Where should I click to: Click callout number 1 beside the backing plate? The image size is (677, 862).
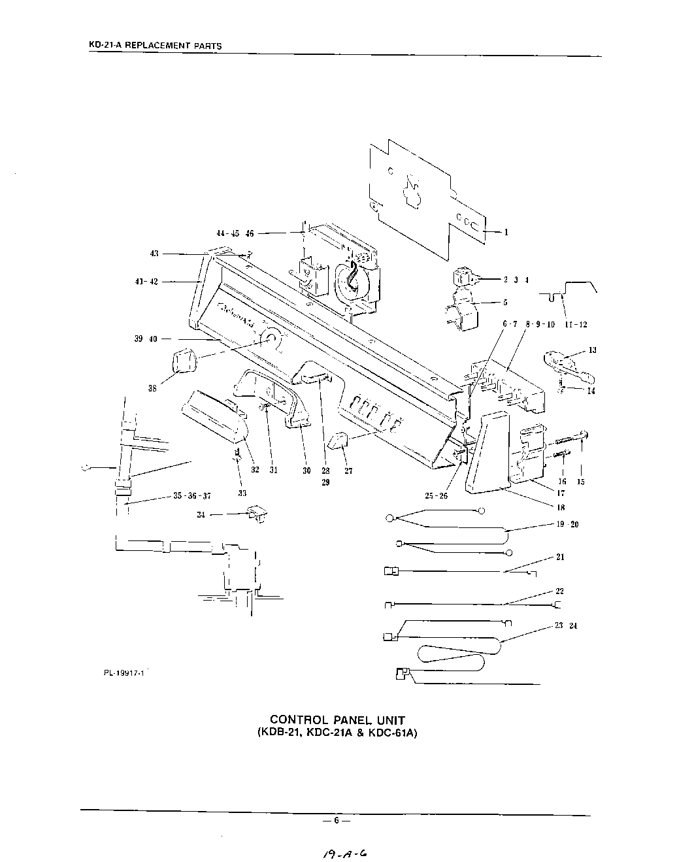pyautogui.click(x=506, y=232)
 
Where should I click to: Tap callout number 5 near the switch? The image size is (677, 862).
pyautogui.click(x=505, y=303)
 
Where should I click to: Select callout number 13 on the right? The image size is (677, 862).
pyautogui.click(x=592, y=350)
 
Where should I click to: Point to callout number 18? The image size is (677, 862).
pyautogui.click(x=542, y=507)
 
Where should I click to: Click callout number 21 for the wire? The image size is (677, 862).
pyautogui.click(x=559, y=557)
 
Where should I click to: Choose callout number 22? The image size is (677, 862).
pyautogui.click(x=559, y=591)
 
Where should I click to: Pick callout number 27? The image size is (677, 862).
pyautogui.click(x=348, y=471)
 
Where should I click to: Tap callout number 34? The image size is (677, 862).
pyautogui.click(x=201, y=514)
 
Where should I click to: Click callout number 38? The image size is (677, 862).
pyautogui.click(x=152, y=388)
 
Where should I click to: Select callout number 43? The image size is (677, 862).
pyautogui.click(x=154, y=254)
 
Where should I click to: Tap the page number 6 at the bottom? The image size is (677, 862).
pyautogui.click(x=336, y=821)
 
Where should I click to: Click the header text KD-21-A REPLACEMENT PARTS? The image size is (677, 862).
pyautogui.click(x=155, y=46)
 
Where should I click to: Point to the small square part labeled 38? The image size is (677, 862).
pyautogui.click(x=185, y=361)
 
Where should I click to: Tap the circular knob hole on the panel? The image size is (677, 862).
pyautogui.click(x=269, y=339)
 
